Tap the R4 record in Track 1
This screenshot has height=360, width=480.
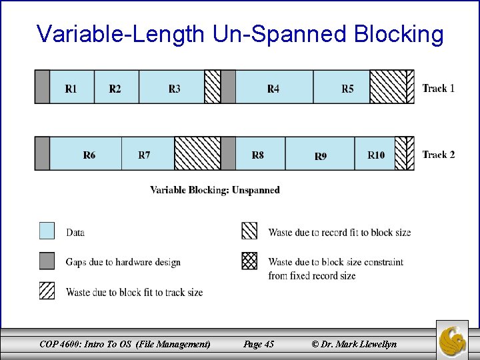(274, 87)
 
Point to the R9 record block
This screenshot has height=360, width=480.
(320, 154)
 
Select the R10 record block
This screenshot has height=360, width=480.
(375, 154)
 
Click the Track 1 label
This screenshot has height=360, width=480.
(439, 88)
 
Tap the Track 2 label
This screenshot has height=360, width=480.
(439, 155)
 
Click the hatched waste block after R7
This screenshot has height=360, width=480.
(197, 154)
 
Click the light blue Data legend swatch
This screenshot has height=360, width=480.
(47, 231)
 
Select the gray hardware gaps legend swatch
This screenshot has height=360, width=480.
(47, 261)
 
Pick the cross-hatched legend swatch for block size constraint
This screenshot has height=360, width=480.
(249, 261)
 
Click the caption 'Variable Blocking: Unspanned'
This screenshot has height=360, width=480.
(215, 190)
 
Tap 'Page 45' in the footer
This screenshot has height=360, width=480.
(259, 344)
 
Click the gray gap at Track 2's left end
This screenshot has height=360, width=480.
(42, 154)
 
